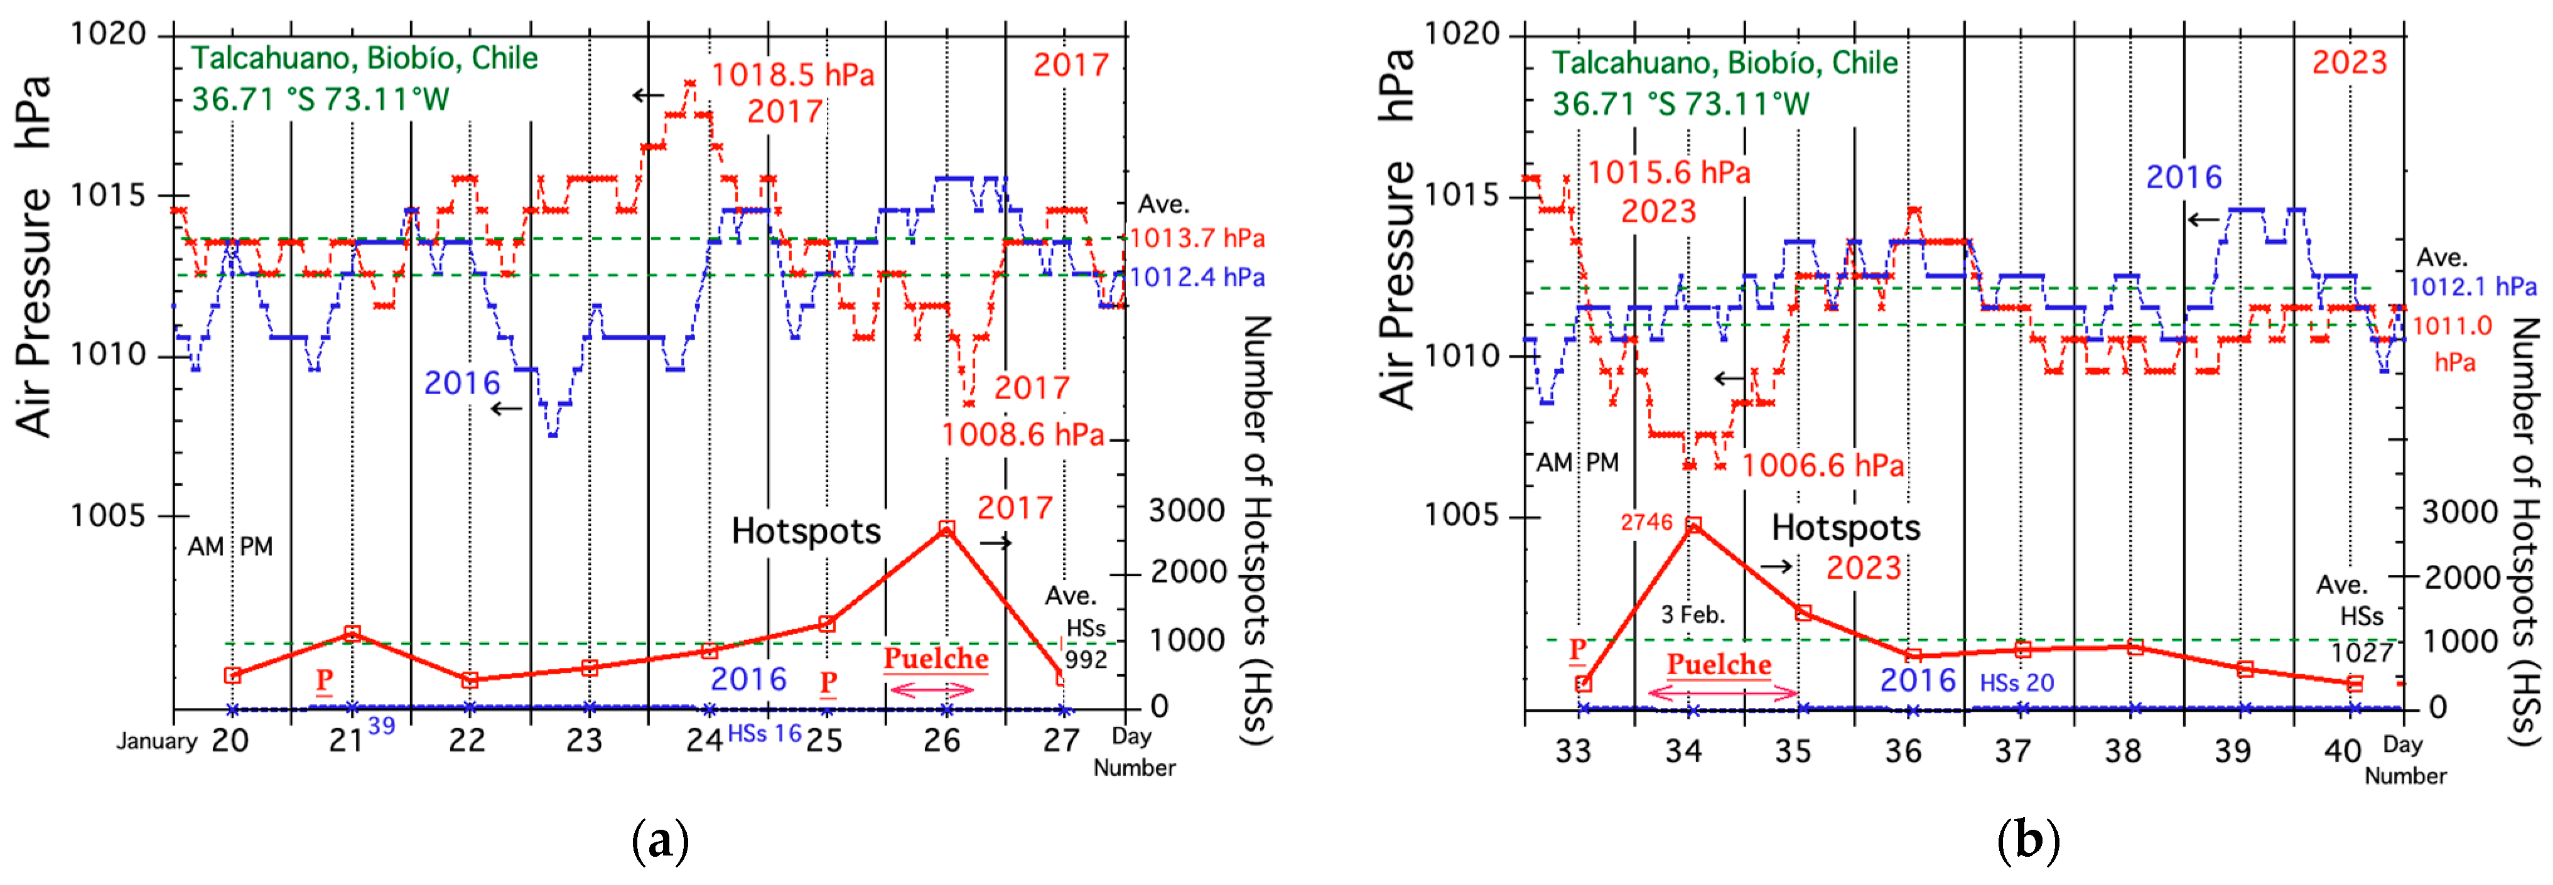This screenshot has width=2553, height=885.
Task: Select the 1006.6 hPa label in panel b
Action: click(x=1823, y=466)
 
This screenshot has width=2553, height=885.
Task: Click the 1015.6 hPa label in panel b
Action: click(x=1669, y=173)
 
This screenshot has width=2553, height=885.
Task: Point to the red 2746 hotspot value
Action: click(x=1646, y=522)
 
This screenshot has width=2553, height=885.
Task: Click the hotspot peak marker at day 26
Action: click(x=946, y=529)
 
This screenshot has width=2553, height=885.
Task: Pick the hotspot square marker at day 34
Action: click(x=1694, y=524)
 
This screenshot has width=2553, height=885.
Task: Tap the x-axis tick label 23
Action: click(x=585, y=740)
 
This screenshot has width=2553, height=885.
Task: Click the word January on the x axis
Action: click(x=156, y=741)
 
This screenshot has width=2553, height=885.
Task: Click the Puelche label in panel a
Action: click(x=936, y=659)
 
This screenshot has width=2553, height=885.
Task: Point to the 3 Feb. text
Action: click(x=1693, y=614)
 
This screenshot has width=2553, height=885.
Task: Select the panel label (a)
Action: click(x=659, y=842)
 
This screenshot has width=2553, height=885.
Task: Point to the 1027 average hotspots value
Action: click(x=2361, y=652)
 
